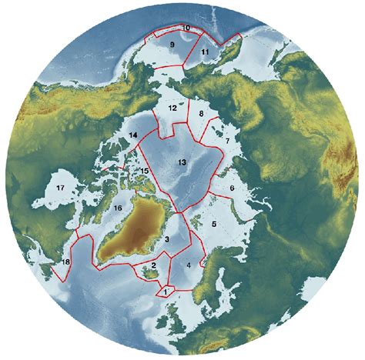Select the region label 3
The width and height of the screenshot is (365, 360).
pyautogui.click(x=166, y=240)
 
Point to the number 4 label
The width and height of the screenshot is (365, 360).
pyautogui.click(x=188, y=265)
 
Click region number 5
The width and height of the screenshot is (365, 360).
pyautogui.click(x=214, y=223)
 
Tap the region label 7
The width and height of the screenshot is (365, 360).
pyautogui.click(x=227, y=142)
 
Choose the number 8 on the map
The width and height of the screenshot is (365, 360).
pyautogui.click(x=201, y=114)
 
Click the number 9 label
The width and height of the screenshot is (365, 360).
pyautogui.click(x=172, y=46)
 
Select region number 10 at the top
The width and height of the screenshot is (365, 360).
pyautogui.click(x=187, y=28)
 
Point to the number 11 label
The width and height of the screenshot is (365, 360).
pyautogui.click(x=205, y=52)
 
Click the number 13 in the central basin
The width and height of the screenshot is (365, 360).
pyautogui.click(x=182, y=162)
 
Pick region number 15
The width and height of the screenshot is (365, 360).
pyautogui.click(x=145, y=171)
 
